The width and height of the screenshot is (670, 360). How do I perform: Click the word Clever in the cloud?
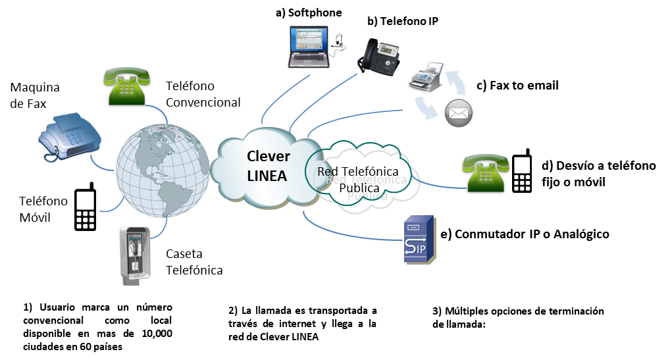268,157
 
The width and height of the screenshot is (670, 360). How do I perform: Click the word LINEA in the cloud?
267,176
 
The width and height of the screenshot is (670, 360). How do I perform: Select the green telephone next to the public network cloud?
486,172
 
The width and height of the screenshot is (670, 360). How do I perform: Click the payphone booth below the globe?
134,254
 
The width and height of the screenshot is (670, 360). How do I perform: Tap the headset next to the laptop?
338,43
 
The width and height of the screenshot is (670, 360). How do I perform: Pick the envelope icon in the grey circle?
459,114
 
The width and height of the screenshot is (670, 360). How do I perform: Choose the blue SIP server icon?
419,240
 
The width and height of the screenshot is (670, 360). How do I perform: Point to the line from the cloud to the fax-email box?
355,116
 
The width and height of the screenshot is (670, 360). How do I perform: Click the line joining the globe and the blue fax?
104,164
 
